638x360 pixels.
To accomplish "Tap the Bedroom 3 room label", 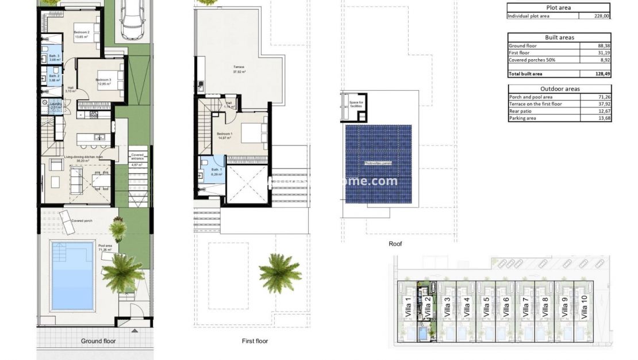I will pos(103,80).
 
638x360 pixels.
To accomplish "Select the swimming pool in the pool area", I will pos(72,275).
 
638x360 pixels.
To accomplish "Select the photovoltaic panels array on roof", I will pos(378,164).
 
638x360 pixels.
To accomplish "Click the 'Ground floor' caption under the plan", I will pos(98,341).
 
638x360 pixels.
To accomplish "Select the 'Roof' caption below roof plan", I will pos(395,244).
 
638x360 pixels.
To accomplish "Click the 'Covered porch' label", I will pos(83,221).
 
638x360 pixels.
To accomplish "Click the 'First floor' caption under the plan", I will pos(255,341).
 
